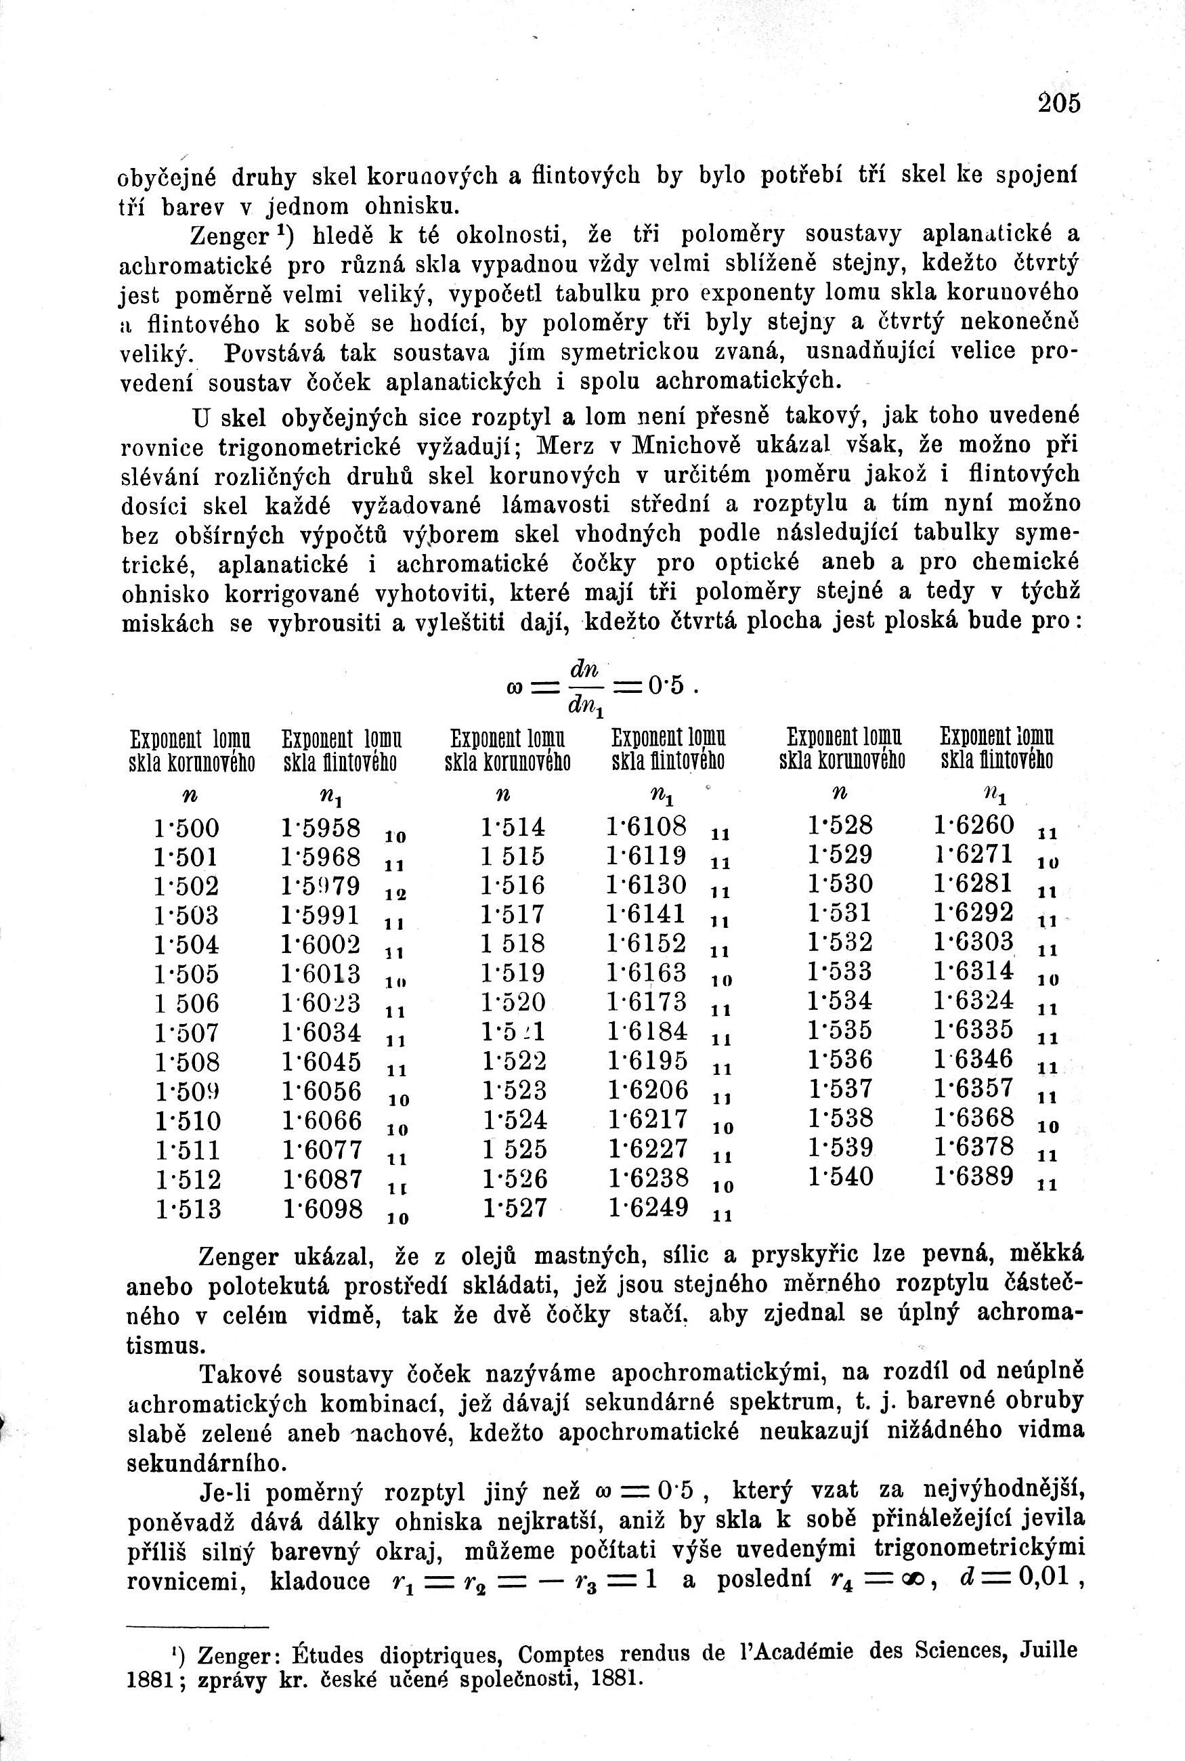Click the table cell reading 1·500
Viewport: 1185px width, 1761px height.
tap(187, 828)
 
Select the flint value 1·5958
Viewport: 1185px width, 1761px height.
tap(320, 827)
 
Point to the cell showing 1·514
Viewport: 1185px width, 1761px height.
tap(513, 828)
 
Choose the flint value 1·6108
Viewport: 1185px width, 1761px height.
tap(647, 826)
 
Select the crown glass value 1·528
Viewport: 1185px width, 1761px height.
tap(840, 826)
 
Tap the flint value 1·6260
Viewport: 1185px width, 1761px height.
tap(974, 824)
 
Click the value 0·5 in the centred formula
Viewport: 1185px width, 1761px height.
tap(670, 685)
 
